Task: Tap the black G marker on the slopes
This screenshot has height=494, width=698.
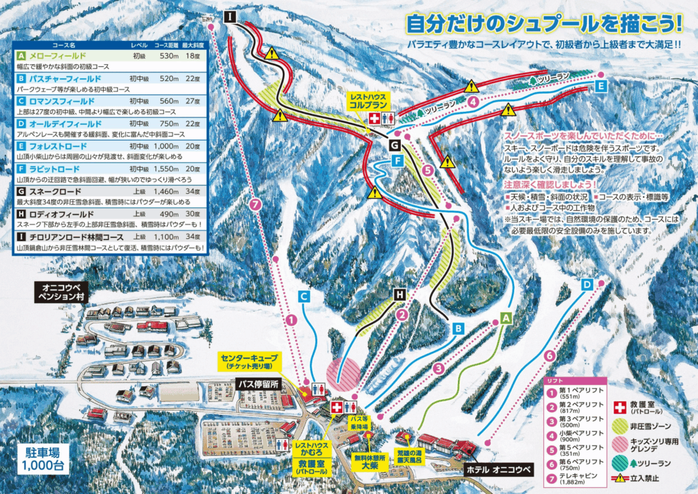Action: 395,145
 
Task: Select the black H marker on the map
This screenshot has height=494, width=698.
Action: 399,295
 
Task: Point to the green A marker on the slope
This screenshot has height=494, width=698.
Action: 506,317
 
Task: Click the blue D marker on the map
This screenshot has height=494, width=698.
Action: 587,283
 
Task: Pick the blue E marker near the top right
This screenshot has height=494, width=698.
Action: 600,87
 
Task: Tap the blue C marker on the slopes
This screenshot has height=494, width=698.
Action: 305,296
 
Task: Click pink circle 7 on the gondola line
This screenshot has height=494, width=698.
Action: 255,203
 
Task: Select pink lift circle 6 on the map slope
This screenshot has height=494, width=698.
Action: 549,355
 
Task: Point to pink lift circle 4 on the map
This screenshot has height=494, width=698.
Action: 472,102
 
